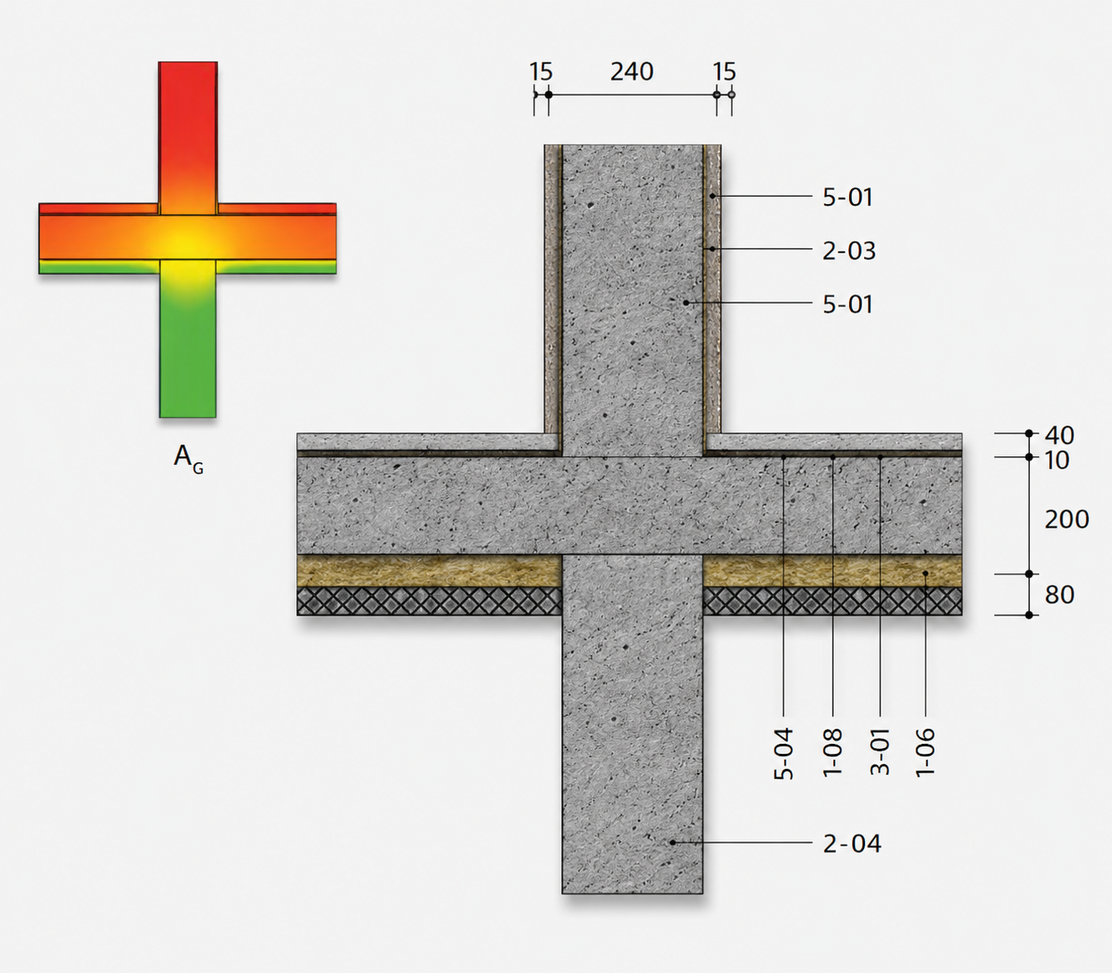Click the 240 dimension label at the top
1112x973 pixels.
(x=632, y=72)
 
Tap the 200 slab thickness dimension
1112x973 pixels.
(x=1066, y=519)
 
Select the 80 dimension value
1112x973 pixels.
(x=1059, y=595)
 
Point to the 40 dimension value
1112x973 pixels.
(x=1059, y=435)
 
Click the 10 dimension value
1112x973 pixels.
(x=1056, y=460)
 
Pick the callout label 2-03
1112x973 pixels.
(x=849, y=251)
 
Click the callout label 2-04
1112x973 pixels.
(x=852, y=844)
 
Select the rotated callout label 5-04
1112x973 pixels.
(x=784, y=754)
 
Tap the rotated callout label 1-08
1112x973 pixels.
(x=833, y=752)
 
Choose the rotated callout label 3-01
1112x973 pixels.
(x=880, y=752)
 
